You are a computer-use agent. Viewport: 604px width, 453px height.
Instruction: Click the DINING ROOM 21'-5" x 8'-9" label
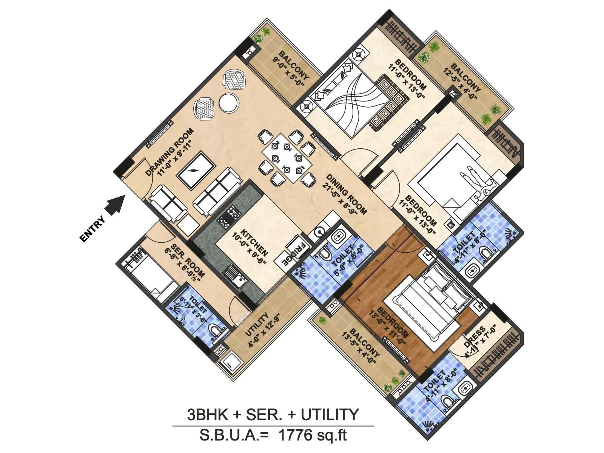click(x=344, y=194)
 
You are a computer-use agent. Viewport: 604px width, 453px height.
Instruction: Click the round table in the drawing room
click(x=229, y=102)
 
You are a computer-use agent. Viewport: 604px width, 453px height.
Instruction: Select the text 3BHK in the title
click(x=208, y=415)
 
